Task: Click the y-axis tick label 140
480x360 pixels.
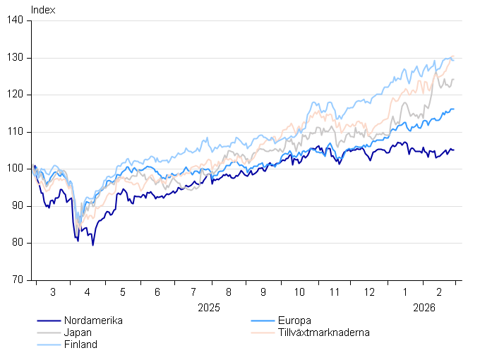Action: [x=19, y=20]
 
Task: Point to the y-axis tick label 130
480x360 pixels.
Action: [x=19, y=58]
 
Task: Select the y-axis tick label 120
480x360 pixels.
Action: [x=19, y=95]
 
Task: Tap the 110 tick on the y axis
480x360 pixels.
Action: [x=19, y=132]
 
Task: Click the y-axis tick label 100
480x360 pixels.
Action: [x=19, y=169]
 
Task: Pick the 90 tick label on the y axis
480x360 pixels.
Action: [x=21, y=206]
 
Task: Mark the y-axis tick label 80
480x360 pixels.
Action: [x=21, y=243]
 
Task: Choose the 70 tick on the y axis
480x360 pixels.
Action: [x=21, y=280]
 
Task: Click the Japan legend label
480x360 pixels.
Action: [x=78, y=332]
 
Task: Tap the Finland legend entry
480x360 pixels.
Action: [x=80, y=344]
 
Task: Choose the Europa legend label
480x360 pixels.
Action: [x=294, y=320]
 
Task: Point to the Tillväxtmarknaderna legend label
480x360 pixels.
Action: [x=324, y=332]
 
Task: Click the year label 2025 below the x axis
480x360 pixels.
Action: [x=209, y=308]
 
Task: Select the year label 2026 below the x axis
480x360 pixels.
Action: [x=424, y=308]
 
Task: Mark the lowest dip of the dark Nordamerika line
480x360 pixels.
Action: [x=92, y=245]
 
